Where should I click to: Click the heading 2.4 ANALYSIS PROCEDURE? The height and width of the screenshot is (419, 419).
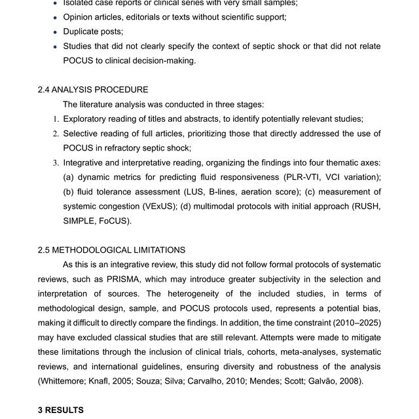[93, 90]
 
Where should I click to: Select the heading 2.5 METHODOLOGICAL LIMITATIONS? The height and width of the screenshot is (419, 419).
[111, 249]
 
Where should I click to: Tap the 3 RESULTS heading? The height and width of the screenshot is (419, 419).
[60, 410]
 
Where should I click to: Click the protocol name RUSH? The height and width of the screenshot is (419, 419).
[367, 206]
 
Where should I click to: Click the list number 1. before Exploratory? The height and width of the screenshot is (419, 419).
[56, 119]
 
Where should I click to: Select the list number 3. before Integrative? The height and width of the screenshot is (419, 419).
[56, 163]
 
